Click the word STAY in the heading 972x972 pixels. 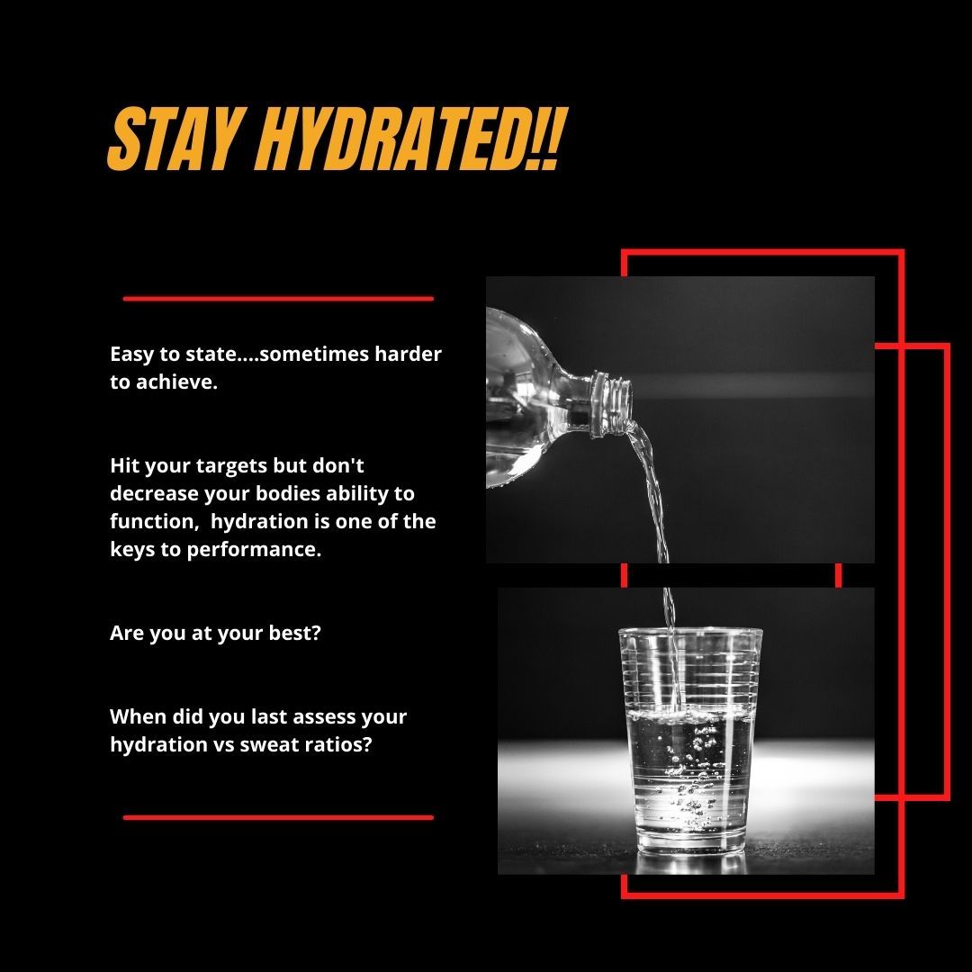tap(172, 141)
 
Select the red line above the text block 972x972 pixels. tap(277, 298)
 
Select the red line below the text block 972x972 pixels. tap(277, 817)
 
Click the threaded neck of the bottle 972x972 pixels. tap(613, 402)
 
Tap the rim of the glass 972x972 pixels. tap(690, 634)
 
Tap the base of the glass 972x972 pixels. tap(689, 845)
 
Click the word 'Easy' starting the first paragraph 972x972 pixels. tap(131, 354)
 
